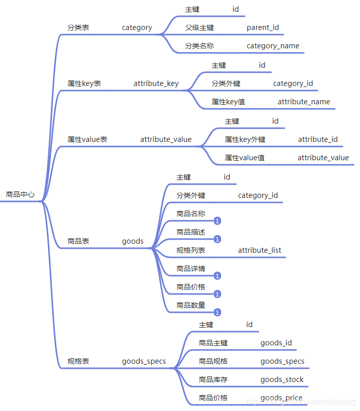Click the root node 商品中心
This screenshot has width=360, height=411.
(20, 194)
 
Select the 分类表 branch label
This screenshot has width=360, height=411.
(78, 27)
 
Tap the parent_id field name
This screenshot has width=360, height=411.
(263, 27)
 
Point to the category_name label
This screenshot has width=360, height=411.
(273, 46)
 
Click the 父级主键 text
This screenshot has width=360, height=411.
(200, 27)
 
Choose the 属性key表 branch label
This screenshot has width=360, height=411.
(84, 83)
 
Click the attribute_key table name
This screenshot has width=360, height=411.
(156, 83)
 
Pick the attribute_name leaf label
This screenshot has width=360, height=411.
(303, 102)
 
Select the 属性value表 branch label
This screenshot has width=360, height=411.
(87, 139)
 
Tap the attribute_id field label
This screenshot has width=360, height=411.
(318, 139)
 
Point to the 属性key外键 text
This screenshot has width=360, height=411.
(245, 139)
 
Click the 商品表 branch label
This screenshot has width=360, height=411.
(78, 241)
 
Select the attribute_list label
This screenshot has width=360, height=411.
(259, 250)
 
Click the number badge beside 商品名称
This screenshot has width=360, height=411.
(217, 221)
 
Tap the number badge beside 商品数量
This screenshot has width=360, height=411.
(217, 312)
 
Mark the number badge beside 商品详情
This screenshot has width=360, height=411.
(217, 276)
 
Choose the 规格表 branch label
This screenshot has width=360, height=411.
(78, 361)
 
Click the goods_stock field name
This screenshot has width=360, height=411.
(282, 379)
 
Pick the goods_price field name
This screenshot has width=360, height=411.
(281, 398)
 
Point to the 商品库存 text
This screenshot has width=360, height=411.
(213, 379)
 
